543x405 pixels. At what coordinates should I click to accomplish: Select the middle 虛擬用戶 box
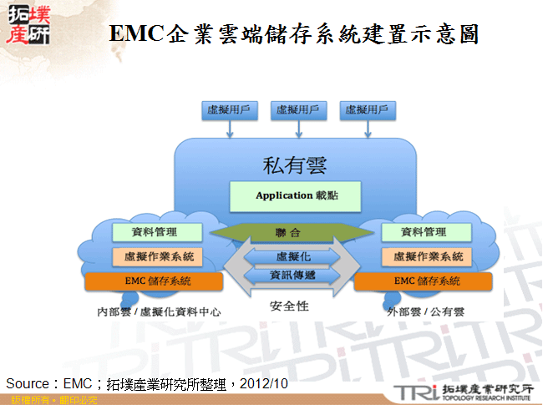click(x=298, y=110)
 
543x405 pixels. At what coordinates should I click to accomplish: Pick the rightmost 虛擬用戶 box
click(x=368, y=110)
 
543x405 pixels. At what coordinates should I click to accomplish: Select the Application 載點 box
click(x=296, y=197)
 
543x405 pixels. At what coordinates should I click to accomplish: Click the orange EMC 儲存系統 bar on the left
click(x=155, y=281)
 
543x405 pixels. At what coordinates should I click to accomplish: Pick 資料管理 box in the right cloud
click(x=423, y=231)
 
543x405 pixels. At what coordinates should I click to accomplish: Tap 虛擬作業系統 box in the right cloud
click(x=423, y=256)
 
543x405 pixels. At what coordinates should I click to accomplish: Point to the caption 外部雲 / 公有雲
click(x=426, y=311)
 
